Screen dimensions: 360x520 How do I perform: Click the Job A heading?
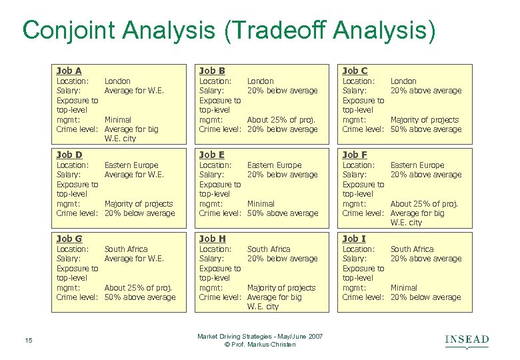tap(69, 71)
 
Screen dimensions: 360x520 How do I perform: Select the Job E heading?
tap(212, 155)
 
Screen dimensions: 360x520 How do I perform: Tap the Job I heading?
tap(354, 239)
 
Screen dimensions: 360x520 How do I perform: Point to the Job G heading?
tap(69, 239)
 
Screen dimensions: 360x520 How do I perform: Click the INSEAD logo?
tap(467, 341)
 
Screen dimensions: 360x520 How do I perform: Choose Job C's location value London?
tap(403, 81)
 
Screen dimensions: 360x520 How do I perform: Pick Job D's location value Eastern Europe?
tap(131, 165)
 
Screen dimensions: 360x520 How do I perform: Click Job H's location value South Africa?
tap(269, 249)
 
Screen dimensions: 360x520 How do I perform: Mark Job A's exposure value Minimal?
tap(118, 120)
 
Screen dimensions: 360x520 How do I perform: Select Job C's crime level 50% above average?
tap(426, 129)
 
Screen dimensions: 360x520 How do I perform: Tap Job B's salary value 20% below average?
tap(283, 91)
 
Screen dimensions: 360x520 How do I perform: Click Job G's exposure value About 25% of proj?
tap(138, 288)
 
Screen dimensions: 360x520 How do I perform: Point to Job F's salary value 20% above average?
tap(426, 175)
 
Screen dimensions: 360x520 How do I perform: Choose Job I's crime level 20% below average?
tap(426, 297)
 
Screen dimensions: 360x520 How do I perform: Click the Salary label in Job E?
tap(212, 175)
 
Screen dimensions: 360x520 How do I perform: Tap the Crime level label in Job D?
tap(77, 213)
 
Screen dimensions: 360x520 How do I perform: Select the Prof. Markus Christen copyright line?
tap(260, 345)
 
